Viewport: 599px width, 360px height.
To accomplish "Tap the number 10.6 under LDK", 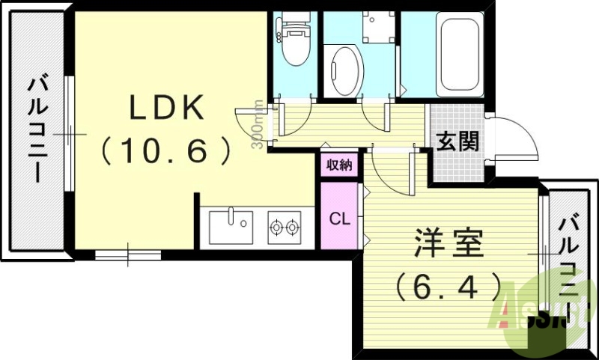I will pos(166,152).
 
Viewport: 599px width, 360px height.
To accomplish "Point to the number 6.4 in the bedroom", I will pos(449,284).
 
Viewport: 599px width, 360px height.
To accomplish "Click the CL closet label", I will pos(339,219).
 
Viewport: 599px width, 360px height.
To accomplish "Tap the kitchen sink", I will pos(230,227).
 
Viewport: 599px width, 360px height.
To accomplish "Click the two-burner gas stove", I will pos(285,227).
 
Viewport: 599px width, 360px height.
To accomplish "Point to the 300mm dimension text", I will pos(257,125).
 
